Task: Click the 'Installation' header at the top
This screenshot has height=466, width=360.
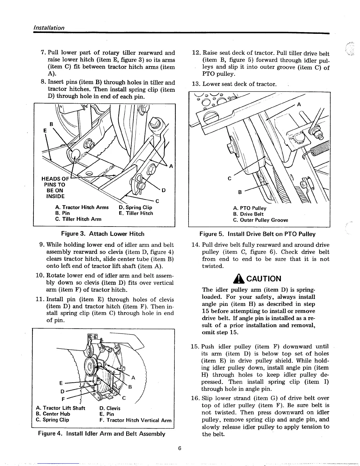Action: pos(49,28)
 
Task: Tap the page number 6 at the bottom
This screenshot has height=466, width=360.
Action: pos(180,448)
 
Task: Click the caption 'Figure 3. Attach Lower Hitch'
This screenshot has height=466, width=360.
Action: pos(103,234)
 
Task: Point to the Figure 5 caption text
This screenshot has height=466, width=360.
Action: pos(257,234)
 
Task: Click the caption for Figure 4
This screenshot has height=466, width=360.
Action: pos(101,434)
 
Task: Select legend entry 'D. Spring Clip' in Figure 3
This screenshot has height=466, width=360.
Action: pos(136,207)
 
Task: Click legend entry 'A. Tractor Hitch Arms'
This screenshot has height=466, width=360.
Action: pos(82,207)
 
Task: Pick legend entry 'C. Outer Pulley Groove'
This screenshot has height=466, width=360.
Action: pos(260,220)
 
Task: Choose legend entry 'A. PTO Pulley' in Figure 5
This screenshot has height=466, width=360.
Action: pos(250,208)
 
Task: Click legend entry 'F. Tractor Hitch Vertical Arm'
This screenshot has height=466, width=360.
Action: pos(135,420)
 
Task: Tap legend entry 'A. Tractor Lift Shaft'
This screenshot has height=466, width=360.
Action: pos(60,408)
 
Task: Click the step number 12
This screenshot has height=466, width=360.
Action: pos(196,53)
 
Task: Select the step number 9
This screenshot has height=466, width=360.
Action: pos(42,245)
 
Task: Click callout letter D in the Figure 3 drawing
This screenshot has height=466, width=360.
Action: pos(164,190)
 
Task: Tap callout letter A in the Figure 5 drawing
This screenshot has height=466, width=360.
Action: pos(299,104)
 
